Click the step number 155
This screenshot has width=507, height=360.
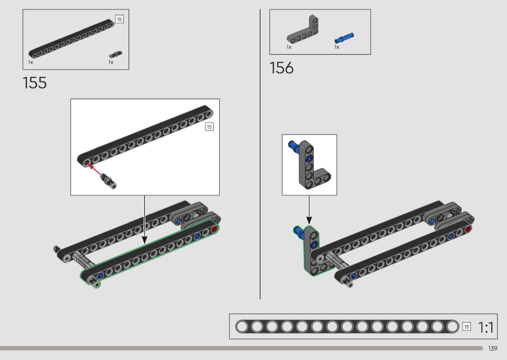[x=35, y=83]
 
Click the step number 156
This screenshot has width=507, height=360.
[x=282, y=68]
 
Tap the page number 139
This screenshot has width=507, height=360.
[x=493, y=348]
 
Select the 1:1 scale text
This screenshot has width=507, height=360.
[x=485, y=327]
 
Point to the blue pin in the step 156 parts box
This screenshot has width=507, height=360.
[x=344, y=38]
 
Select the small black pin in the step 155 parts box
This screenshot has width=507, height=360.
[x=115, y=55]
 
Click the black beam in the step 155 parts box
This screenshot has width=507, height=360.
[x=71, y=39]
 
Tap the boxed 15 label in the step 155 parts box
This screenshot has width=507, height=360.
[x=119, y=19]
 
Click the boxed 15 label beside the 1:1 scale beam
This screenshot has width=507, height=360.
[x=466, y=327]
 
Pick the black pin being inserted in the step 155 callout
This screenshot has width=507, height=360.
[x=108, y=180]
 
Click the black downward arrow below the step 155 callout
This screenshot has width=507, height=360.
[x=144, y=220]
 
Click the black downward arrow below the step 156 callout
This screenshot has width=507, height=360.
[x=309, y=210]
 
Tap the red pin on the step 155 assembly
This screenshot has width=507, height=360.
[x=214, y=229]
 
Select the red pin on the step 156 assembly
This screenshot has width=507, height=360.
[x=467, y=229]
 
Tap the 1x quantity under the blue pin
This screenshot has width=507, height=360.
[x=337, y=47]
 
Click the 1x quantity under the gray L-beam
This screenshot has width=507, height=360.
[x=289, y=47]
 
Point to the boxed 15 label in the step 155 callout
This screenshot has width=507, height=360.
[x=209, y=127]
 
